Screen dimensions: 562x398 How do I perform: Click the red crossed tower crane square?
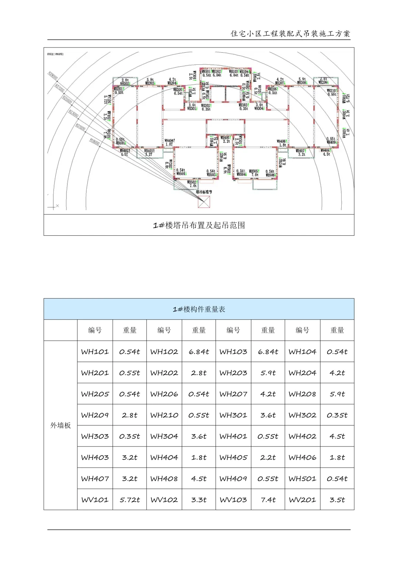[x=204, y=202]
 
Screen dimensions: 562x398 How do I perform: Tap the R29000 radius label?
[x=53, y=76]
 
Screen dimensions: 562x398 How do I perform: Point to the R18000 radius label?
[x=94, y=142]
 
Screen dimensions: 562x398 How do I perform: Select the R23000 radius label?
[x=73, y=113]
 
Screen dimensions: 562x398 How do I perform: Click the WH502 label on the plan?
[x=192, y=182]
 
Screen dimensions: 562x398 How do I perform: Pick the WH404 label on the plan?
[x=169, y=140]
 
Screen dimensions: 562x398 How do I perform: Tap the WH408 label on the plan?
[x=325, y=150]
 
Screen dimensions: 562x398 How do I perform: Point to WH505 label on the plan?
[x=254, y=171]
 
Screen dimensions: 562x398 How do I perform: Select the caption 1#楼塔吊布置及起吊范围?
[x=199, y=225]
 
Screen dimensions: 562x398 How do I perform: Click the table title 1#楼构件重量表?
[x=199, y=309]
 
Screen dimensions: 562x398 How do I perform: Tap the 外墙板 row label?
[x=60, y=426]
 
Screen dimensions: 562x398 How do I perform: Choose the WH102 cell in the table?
[x=164, y=352]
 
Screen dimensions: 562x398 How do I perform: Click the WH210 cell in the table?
[x=164, y=415]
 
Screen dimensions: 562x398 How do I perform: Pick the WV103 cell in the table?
[x=233, y=500]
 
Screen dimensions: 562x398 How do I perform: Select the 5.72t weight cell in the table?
[x=130, y=500]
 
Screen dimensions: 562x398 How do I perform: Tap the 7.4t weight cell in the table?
[x=268, y=500]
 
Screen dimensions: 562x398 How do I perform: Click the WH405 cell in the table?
[x=233, y=458]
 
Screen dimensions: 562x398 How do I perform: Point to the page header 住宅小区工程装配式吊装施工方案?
[x=290, y=34]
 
